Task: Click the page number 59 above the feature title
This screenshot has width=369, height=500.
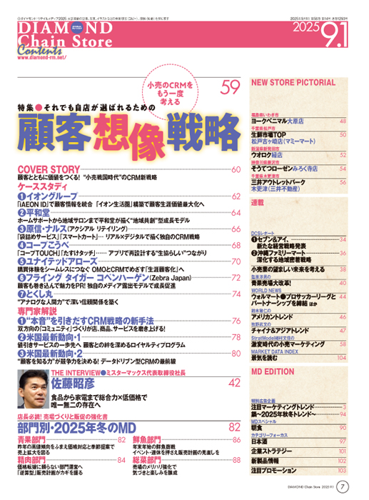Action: (230, 88)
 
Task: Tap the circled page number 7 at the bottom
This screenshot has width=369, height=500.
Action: (343, 487)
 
